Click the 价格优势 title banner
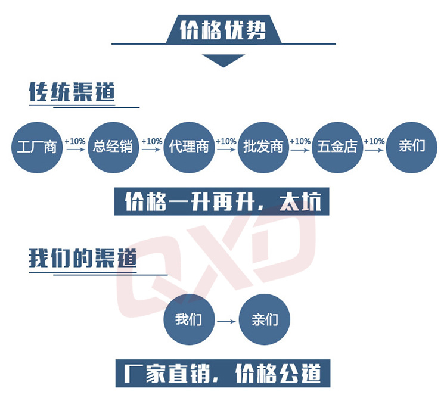(x=223, y=28)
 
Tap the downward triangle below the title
(x=223, y=60)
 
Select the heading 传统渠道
(x=72, y=92)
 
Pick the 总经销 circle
(x=113, y=146)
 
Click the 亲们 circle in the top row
(x=412, y=146)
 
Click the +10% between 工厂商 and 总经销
(x=75, y=141)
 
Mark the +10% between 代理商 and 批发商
(x=226, y=141)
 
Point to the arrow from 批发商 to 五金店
(x=300, y=150)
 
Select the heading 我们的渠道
(x=82, y=259)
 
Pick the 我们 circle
(x=188, y=320)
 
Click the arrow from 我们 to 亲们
(x=226, y=322)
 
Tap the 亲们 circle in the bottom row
(x=264, y=320)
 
